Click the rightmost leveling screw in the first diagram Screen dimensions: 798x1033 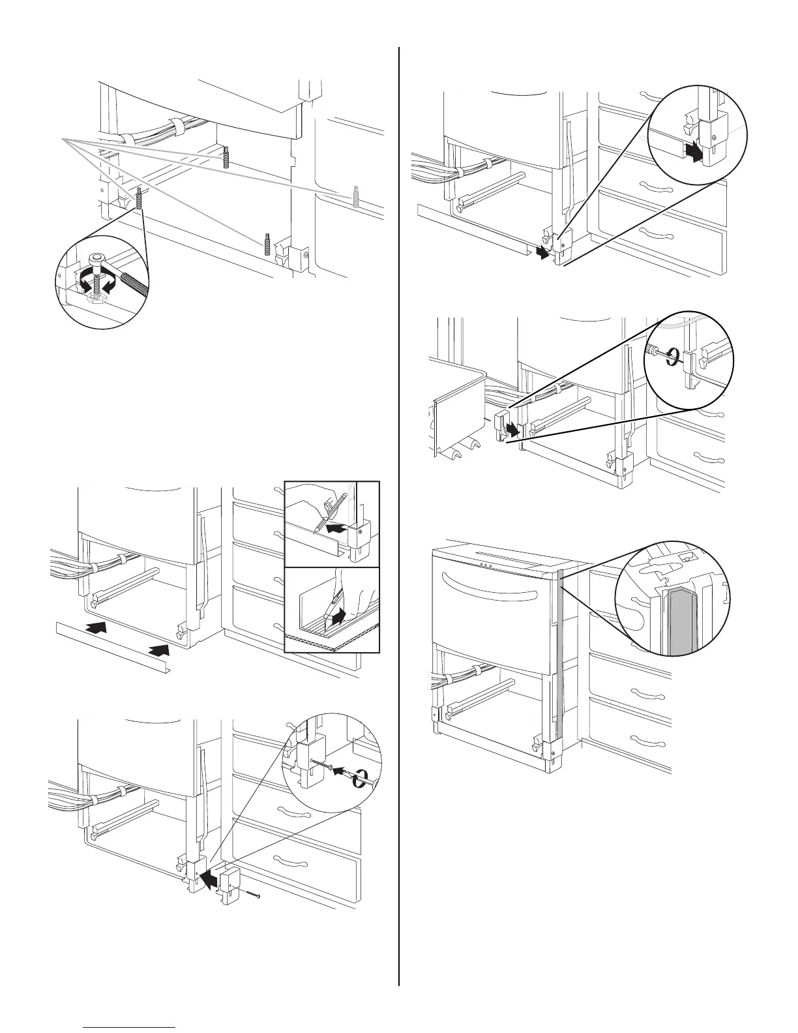(x=356, y=196)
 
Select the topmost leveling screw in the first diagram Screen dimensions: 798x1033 (x=226, y=156)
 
